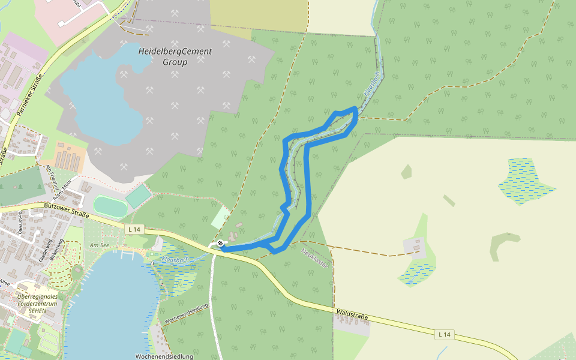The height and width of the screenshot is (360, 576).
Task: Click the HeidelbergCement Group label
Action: (175, 56)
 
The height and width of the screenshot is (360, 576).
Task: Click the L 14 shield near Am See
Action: (134, 229)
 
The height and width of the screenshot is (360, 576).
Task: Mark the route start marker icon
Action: (221, 243)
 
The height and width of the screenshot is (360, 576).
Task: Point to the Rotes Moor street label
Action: (63, 189)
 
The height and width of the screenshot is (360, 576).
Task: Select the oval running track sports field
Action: (110, 206)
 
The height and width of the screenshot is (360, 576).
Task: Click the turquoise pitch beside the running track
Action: (139, 196)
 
